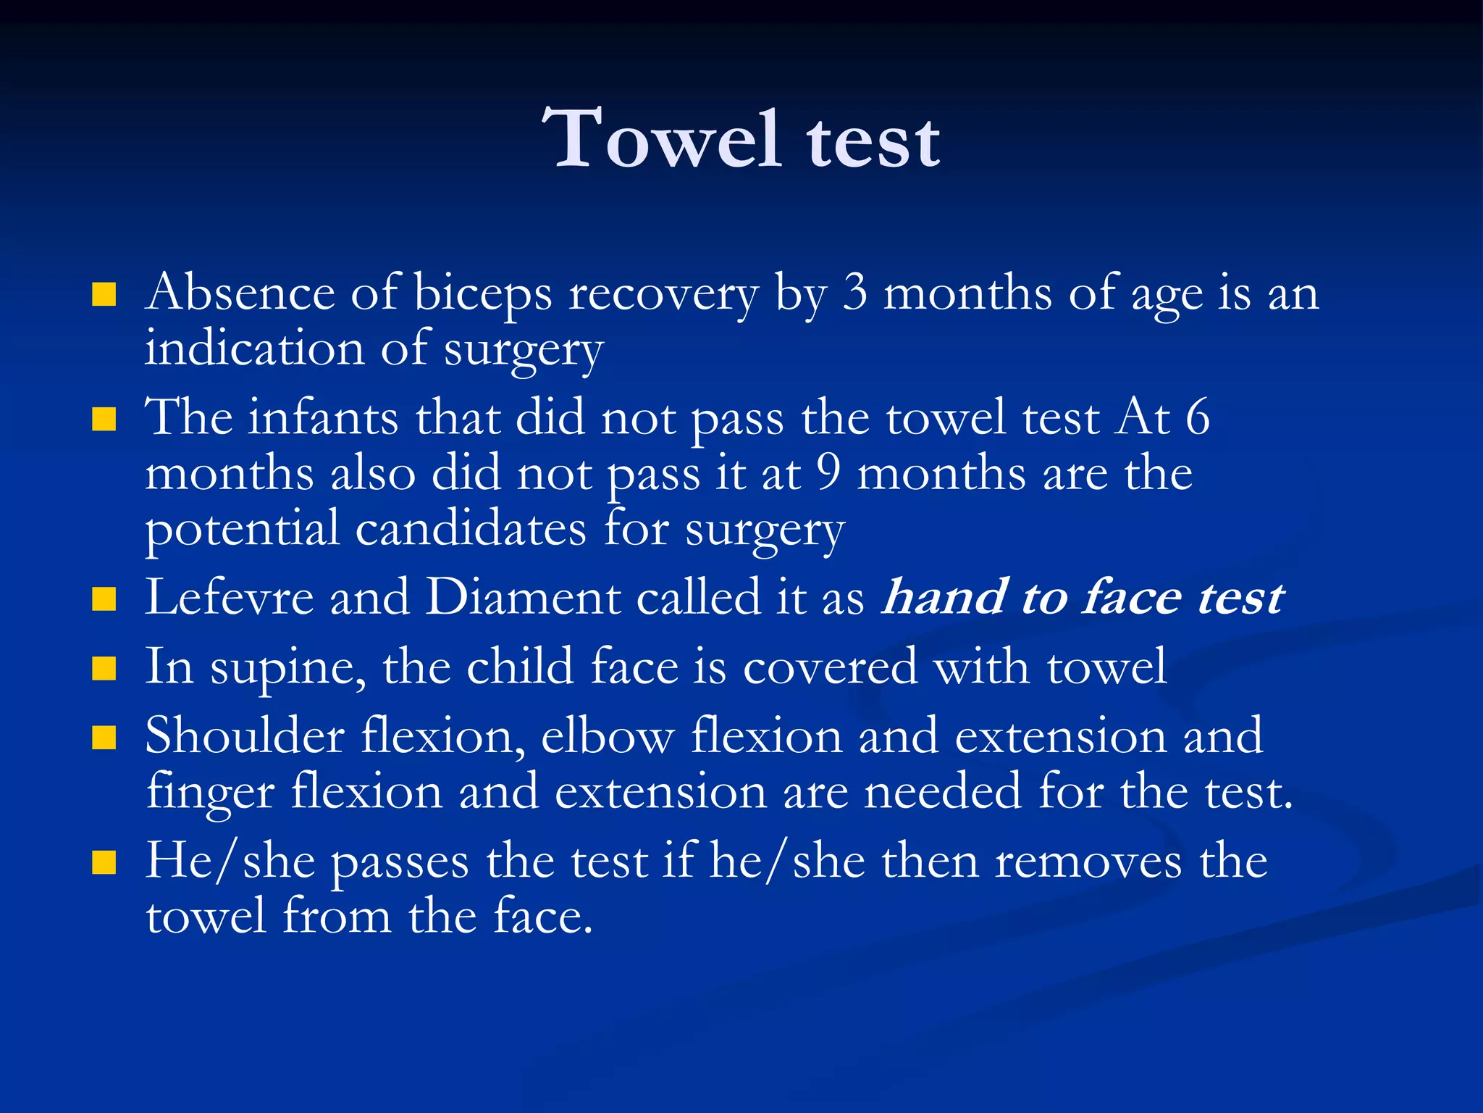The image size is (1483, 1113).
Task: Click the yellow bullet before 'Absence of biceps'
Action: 104,295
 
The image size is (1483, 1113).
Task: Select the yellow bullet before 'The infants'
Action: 104,420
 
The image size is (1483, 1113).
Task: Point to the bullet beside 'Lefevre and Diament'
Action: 104,599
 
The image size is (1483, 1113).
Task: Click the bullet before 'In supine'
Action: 104,669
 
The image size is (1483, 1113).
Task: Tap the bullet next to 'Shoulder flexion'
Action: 104,738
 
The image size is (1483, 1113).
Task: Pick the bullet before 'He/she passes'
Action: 104,863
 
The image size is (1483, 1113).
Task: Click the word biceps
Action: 482,295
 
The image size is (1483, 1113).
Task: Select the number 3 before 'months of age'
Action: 855,293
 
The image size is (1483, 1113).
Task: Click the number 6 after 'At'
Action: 1197,418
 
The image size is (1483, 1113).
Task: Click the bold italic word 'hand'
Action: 944,598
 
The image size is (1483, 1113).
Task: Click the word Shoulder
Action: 245,736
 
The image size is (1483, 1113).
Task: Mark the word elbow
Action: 608,736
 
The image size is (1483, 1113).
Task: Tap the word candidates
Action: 471,530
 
